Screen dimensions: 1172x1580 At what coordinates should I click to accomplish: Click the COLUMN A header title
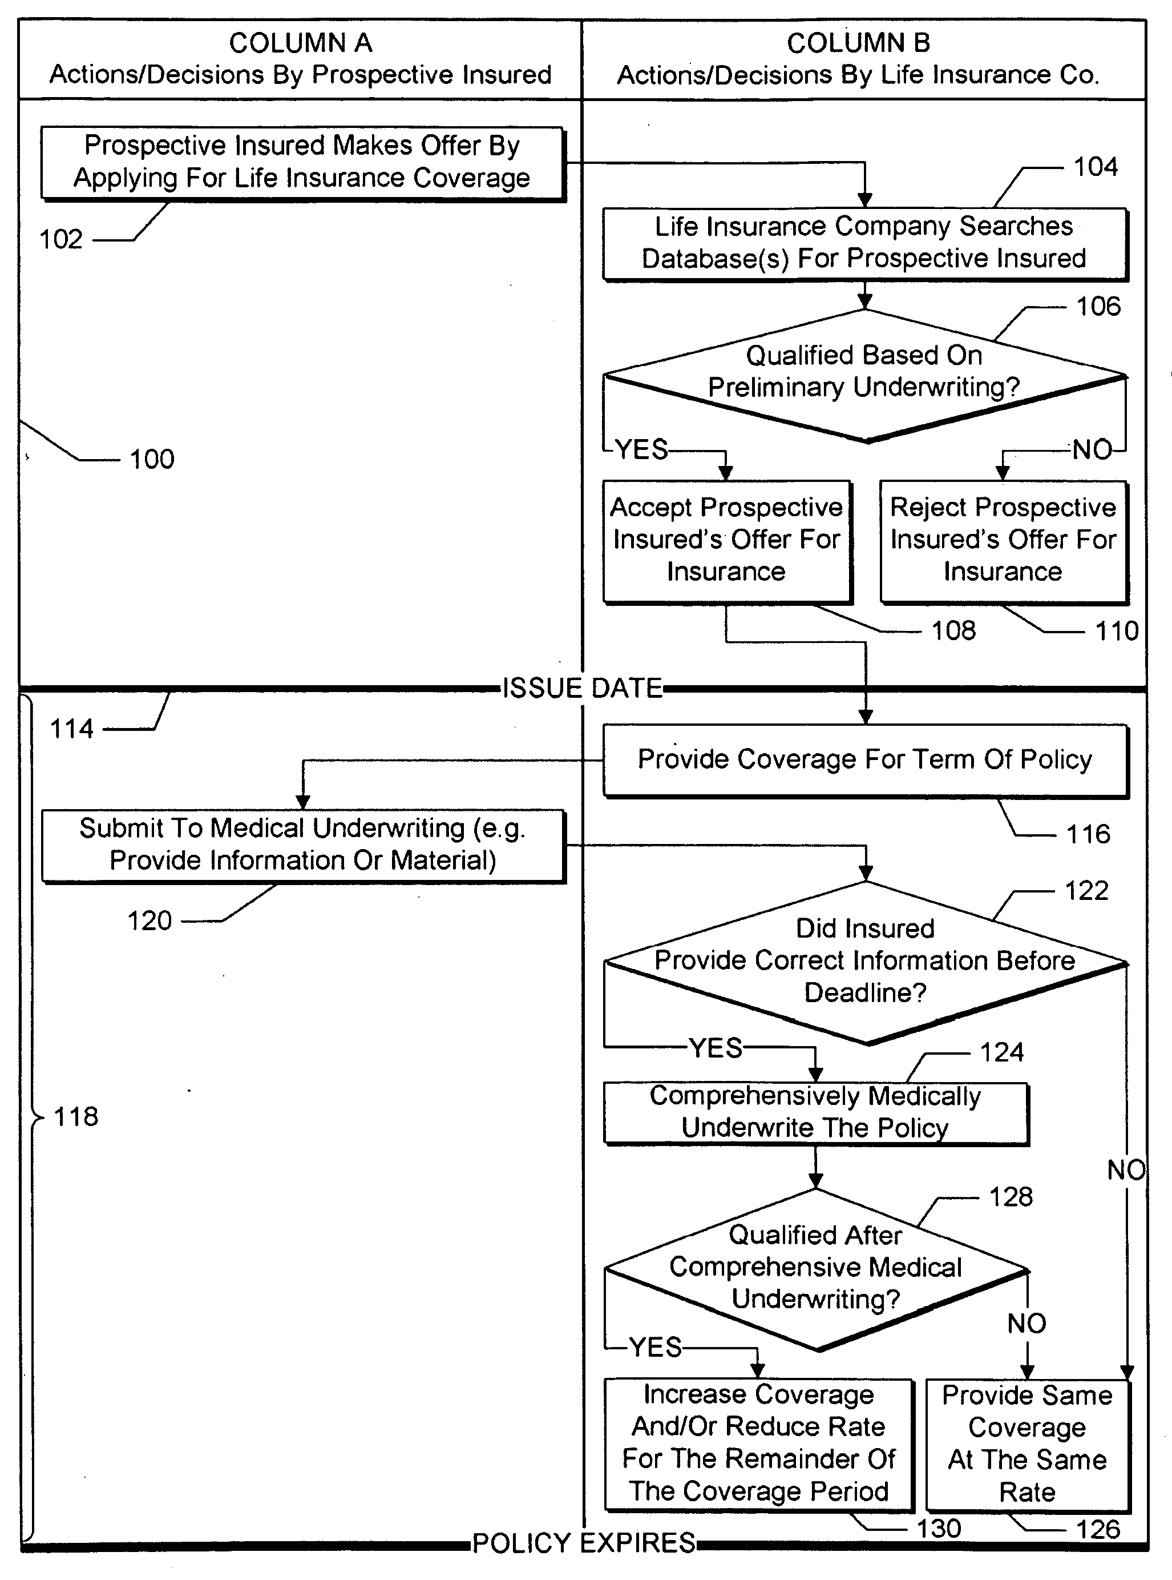300,43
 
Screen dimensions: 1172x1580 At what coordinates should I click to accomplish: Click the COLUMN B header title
858,43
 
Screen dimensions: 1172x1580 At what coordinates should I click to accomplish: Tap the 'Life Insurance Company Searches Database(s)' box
865,243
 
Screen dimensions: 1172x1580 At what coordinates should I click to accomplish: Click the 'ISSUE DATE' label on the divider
583,688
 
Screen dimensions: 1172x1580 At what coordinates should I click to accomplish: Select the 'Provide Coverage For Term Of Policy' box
866,760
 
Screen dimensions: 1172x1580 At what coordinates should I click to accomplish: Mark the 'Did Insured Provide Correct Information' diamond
866,963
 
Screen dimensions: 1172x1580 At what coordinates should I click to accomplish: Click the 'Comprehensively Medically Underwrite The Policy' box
816,1112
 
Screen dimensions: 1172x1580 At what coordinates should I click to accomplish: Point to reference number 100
152,459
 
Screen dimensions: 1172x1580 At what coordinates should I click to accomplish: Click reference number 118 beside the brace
76,1116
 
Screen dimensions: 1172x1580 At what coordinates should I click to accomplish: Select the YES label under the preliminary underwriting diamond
641,449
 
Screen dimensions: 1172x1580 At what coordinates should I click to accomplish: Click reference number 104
1096,167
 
